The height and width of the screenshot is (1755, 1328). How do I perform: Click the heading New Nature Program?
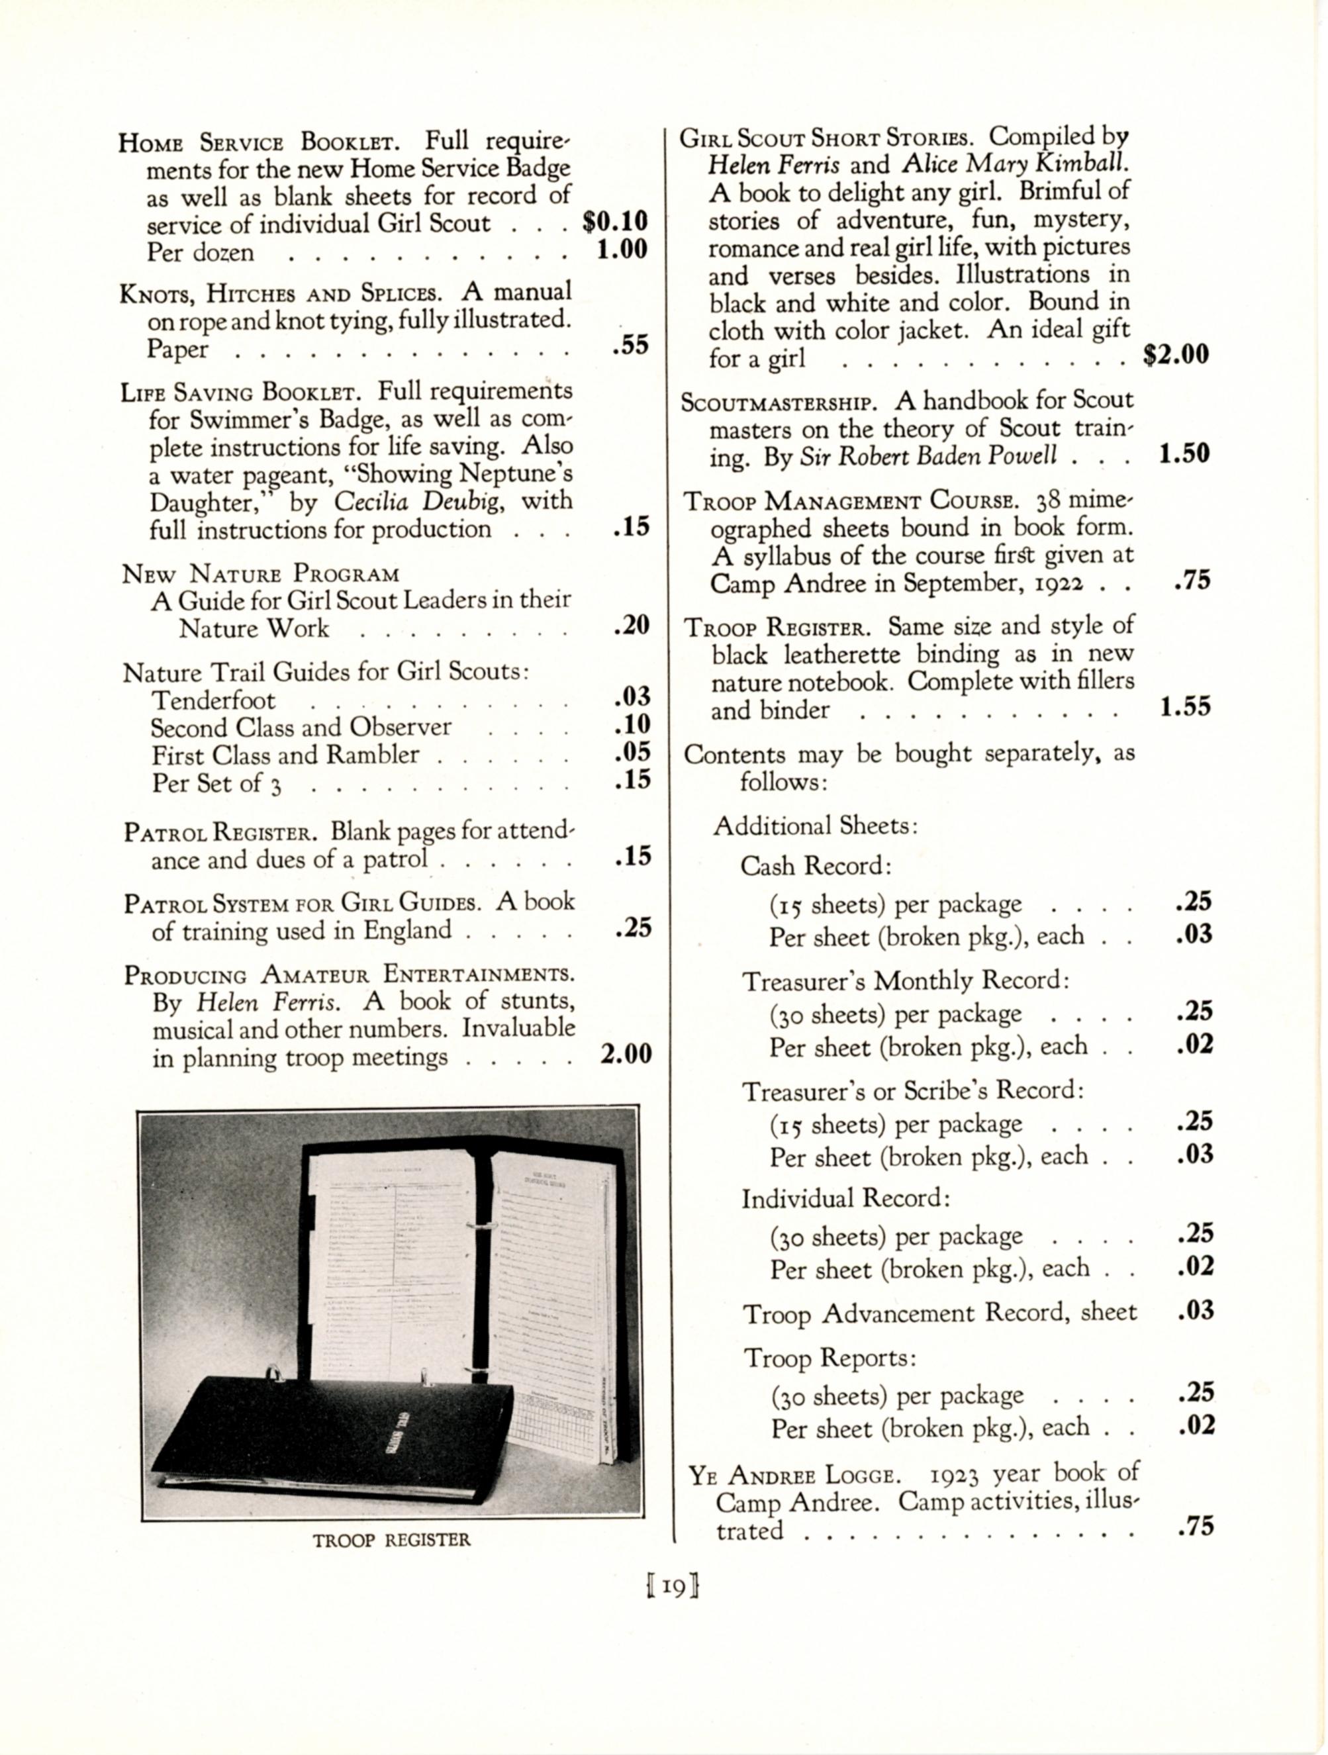(x=260, y=573)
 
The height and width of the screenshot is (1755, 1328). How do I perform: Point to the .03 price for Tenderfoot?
(x=632, y=697)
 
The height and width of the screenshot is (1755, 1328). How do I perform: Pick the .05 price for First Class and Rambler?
(x=632, y=752)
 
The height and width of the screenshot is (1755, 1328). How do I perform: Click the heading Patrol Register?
(x=220, y=832)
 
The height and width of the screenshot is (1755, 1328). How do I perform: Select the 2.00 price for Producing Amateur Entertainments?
(x=625, y=1055)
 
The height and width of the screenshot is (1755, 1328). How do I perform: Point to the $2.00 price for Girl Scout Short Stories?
(x=1176, y=355)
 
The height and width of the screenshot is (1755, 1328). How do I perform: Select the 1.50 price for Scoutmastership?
(x=1184, y=455)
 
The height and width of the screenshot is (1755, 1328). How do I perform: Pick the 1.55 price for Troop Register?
(x=1184, y=707)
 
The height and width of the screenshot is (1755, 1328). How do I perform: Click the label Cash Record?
(x=816, y=866)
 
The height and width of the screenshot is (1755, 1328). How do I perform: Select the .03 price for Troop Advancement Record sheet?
(x=1196, y=1311)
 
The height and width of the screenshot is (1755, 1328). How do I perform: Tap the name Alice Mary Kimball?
(x=1015, y=164)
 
